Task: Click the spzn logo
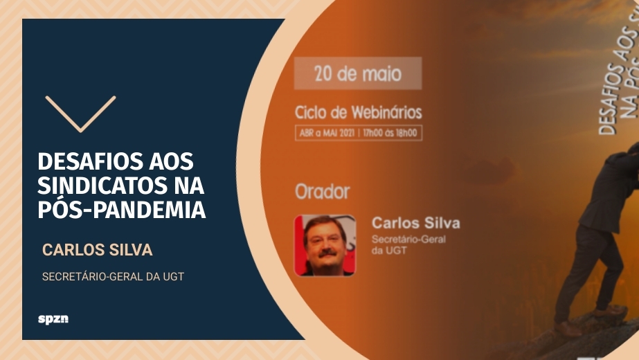53,319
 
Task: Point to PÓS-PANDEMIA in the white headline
121,209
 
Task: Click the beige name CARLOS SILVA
97,250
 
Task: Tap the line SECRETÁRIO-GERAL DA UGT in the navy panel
113,276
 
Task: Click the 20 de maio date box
357,73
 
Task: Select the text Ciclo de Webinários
358,112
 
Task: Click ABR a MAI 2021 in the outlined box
327,133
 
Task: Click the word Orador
322,191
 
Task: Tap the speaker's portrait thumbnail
325,245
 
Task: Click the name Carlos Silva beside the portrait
415,223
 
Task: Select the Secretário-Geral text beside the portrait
409,240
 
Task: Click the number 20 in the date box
323,73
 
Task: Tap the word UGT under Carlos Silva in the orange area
398,251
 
